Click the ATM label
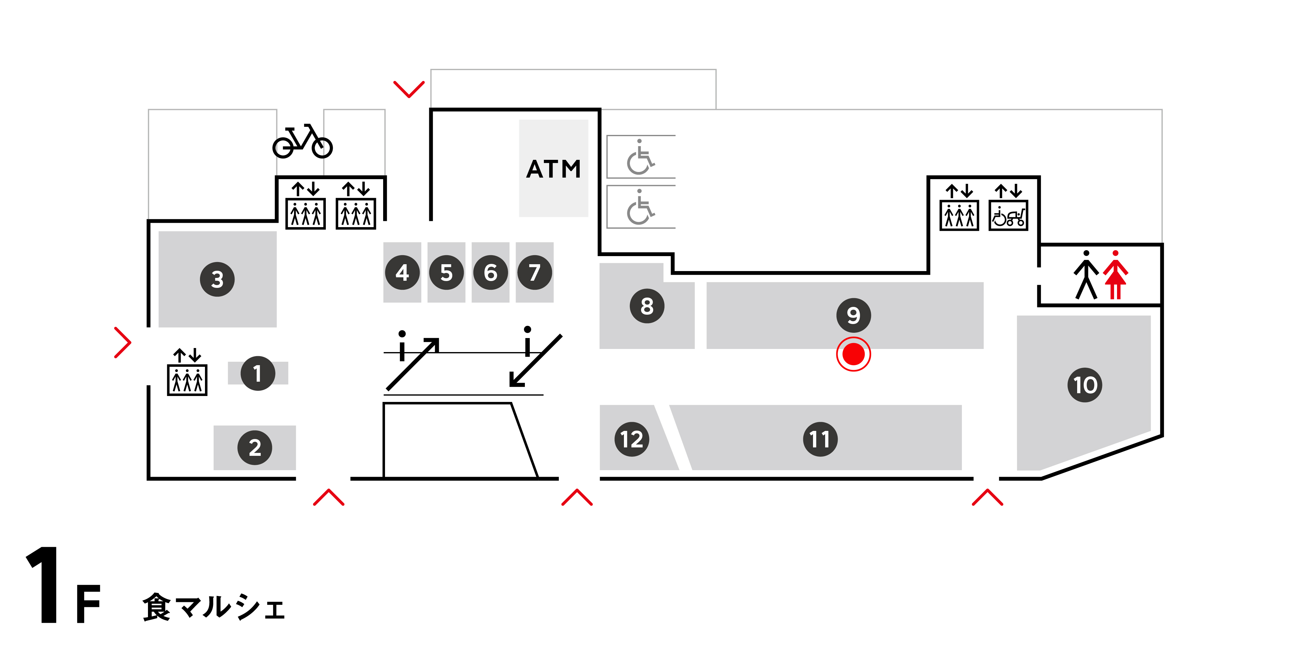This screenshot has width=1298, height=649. (x=553, y=169)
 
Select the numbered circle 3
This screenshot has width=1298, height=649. (x=217, y=279)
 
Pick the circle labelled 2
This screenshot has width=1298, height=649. (x=255, y=447)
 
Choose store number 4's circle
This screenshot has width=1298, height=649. (x=402, y=273)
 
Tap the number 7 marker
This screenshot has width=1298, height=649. (x=535, y=273)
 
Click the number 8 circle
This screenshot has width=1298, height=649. (x=647, y=306)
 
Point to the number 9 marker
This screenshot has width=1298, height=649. (x=853, y=315)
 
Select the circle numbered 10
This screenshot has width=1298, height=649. (x=1085, y=385)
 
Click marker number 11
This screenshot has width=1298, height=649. (x=820, y=439)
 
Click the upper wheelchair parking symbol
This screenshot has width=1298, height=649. (x=640, y=157)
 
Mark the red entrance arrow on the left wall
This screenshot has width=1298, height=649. (x=122, y=343)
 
